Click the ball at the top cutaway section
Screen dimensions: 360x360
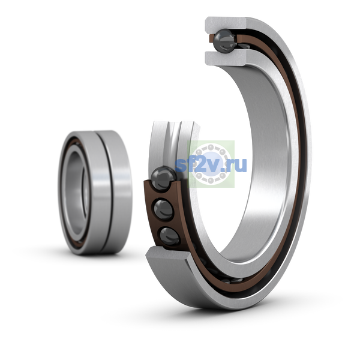pos(224,41)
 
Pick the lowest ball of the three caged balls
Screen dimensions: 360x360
pos(169,236)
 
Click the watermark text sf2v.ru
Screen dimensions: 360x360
pos(211,164)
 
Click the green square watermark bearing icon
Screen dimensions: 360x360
pos(211,164)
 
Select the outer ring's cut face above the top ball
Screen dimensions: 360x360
pos(226,25)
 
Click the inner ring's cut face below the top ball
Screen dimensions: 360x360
pos(226,58)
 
